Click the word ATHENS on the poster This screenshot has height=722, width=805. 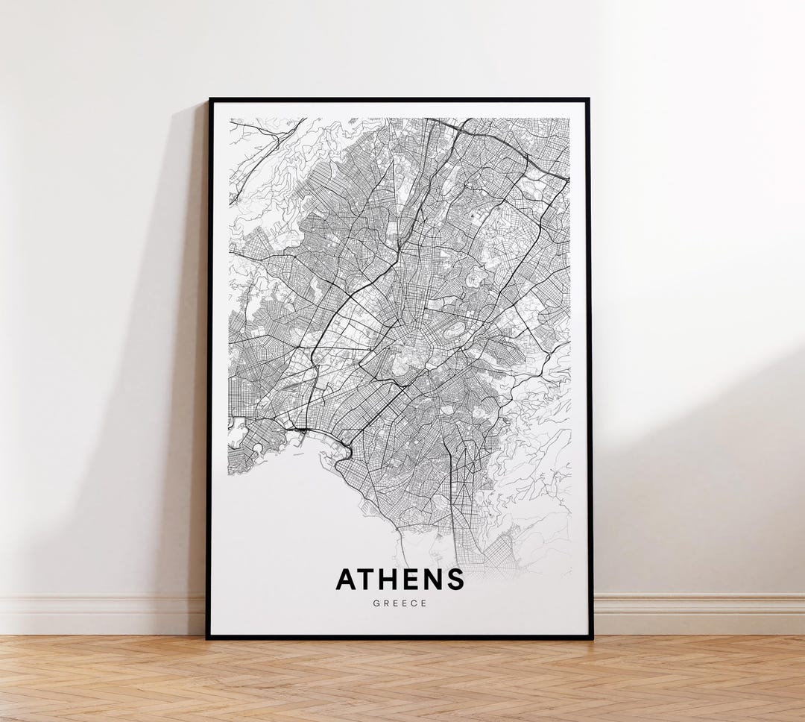tap(400, 580)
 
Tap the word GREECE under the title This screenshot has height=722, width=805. tap(400, 603)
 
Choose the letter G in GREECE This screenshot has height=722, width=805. tap(375, 603)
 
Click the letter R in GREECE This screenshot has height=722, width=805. tap(385, 603)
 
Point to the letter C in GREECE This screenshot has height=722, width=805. tap(414, 603)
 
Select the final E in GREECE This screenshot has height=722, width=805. tap(425, 603)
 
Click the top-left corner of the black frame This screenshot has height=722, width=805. tap(210, 100)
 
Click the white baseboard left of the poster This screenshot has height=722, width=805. tap(97, 613)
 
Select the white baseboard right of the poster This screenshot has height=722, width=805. tap(701, 613)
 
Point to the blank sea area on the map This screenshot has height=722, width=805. tap(283, 515)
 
